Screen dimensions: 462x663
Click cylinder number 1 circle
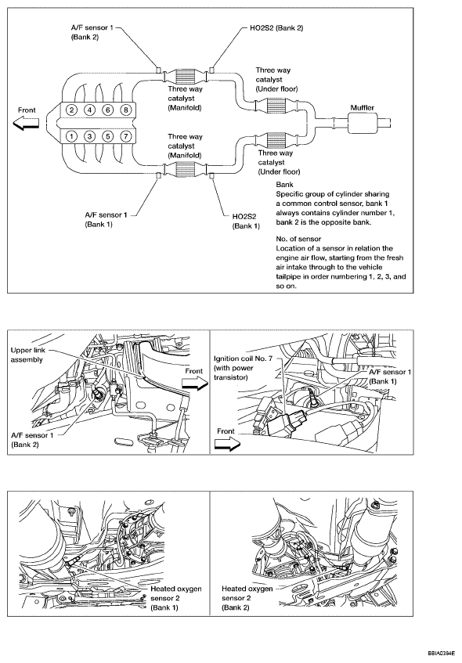pyautogui.click(x=72, y=136)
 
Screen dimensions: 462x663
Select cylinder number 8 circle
pyautogui.click(x=125, y=110)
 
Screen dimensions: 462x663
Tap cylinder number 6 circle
pyautogui.click(x=108, y=110)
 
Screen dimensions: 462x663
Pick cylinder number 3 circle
pyautogui.click(x=90, y=136)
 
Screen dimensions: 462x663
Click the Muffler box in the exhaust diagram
pyautogui.click(x=363, y=123)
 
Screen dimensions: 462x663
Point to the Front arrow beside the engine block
pyautogui.click(x=26, y=124)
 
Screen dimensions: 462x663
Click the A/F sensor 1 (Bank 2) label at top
pyautogui.click(x=92, y=32)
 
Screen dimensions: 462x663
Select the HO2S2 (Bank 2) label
pyautogui.click(x=276, y=28)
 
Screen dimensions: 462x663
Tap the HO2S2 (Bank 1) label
pyautogui.click(x=246, y=222)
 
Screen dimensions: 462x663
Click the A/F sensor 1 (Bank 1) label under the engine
pyautogui.click(x=106, y=219)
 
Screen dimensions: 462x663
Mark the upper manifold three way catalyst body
pyautogui.click(x=185, y=76)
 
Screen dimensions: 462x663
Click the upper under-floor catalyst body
pyautogui.click(x=277, y=106)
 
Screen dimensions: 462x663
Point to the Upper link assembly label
pyautogui.click(x=27, y=355)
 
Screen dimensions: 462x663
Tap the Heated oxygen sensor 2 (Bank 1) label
pyautogui.click(x=175, y=598)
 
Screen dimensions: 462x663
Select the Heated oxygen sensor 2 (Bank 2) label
pyautogui.click(x=247, y=598)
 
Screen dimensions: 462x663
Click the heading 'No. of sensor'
pyautogui.click(x=298, y=239)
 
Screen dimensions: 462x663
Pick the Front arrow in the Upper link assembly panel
pyautogui.click(x=194, y=383)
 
